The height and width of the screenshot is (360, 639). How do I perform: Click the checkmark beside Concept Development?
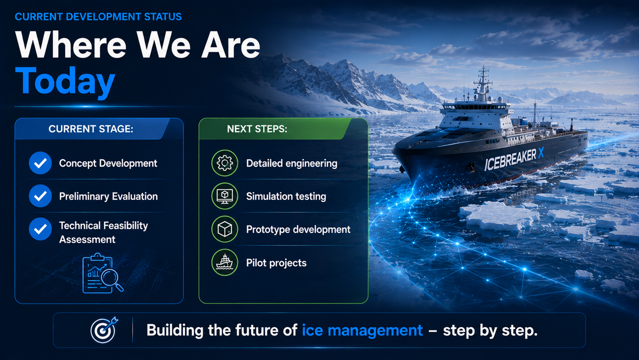coord(40,163)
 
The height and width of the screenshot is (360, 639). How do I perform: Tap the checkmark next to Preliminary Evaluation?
coord(40,196)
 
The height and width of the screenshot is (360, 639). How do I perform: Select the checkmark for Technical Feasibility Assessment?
coord(40,229)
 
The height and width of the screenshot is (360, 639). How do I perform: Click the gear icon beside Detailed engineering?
coord(225,163)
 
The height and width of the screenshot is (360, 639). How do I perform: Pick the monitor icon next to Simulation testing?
coord(225,196)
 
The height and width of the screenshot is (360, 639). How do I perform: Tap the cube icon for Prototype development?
coord(225,229)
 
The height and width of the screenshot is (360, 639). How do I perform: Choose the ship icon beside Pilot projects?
coord(225,262)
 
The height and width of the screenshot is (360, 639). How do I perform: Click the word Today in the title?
coord(65,81)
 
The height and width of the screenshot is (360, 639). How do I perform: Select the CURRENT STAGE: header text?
coord(91,129)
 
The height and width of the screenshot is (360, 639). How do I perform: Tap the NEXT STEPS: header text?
coord(257,129)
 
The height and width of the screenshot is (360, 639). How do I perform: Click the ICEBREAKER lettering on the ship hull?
coord(510,159)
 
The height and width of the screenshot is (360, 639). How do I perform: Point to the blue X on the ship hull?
coord(541,153)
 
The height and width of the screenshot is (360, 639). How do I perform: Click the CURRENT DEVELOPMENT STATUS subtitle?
coord(98,17)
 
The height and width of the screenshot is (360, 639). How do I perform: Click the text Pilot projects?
coord(276,263)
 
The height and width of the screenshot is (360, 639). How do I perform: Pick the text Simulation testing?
coord(286,196)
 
